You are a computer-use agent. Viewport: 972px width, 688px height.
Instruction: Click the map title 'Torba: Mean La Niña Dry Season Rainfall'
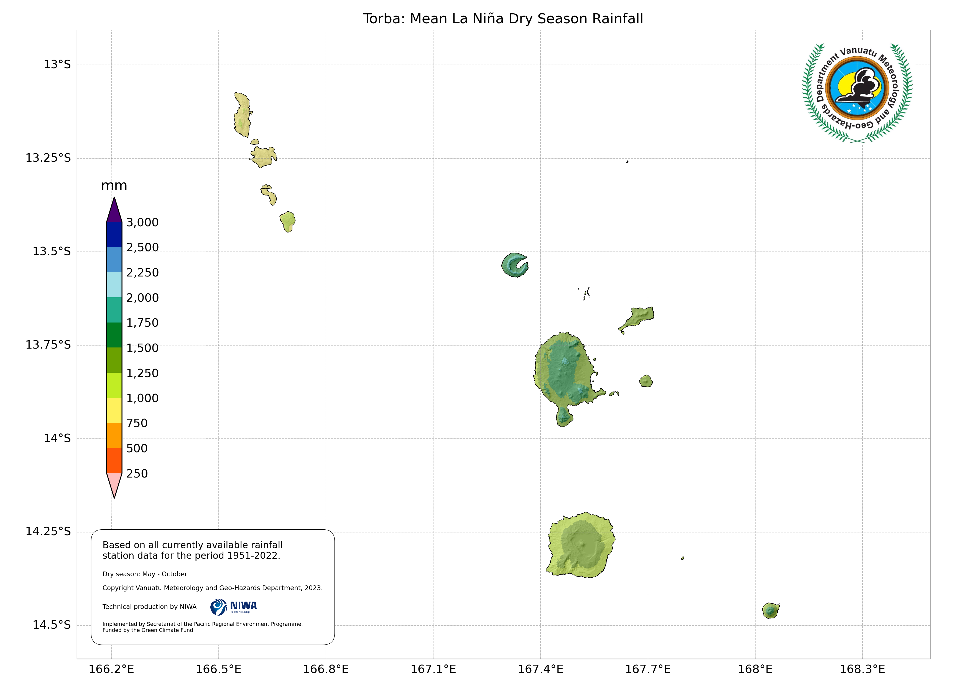tap(503, 19)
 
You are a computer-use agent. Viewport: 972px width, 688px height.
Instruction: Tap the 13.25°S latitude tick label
tap(48, 158)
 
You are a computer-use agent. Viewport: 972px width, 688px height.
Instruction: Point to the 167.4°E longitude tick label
tap(541, 669)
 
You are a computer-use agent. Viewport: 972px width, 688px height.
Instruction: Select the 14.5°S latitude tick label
tap(52, 625)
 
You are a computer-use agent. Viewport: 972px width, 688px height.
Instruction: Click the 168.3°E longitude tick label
tap(862, 669)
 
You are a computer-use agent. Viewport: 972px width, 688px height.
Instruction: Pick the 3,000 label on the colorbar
tap(142, 222)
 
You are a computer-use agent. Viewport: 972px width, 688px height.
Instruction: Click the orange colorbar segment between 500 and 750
tap(114, 435)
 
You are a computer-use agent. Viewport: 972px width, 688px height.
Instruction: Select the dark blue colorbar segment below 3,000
tap(114, 235)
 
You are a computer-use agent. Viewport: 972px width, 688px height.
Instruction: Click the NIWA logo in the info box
tap(233, 607)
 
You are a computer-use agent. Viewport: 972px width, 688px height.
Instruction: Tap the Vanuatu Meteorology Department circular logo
tap(857, 93)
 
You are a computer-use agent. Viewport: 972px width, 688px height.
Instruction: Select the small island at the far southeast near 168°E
tap(771, 610)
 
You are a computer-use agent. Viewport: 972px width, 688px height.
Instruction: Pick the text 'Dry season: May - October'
tap(145, 574)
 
